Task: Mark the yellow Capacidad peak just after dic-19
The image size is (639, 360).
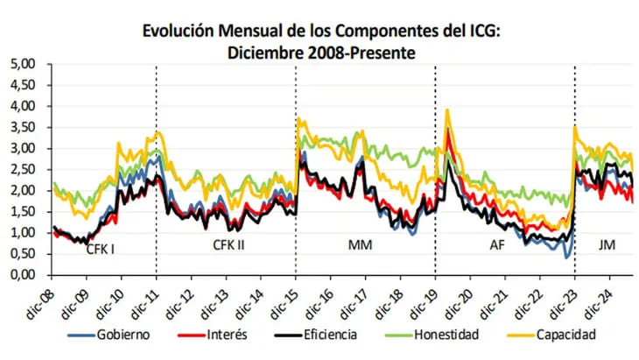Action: click(447, 110)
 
